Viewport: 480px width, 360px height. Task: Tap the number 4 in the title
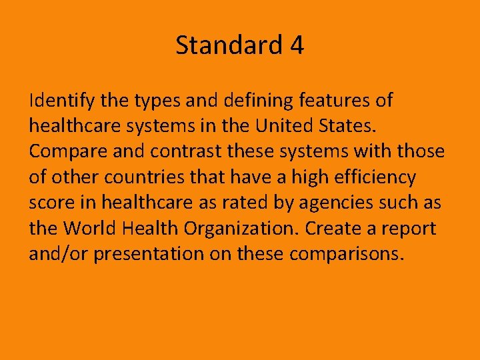[x=297, y=46]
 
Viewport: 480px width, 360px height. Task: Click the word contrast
[x=183, y=152]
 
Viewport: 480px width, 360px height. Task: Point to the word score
[x=51, y=203]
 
